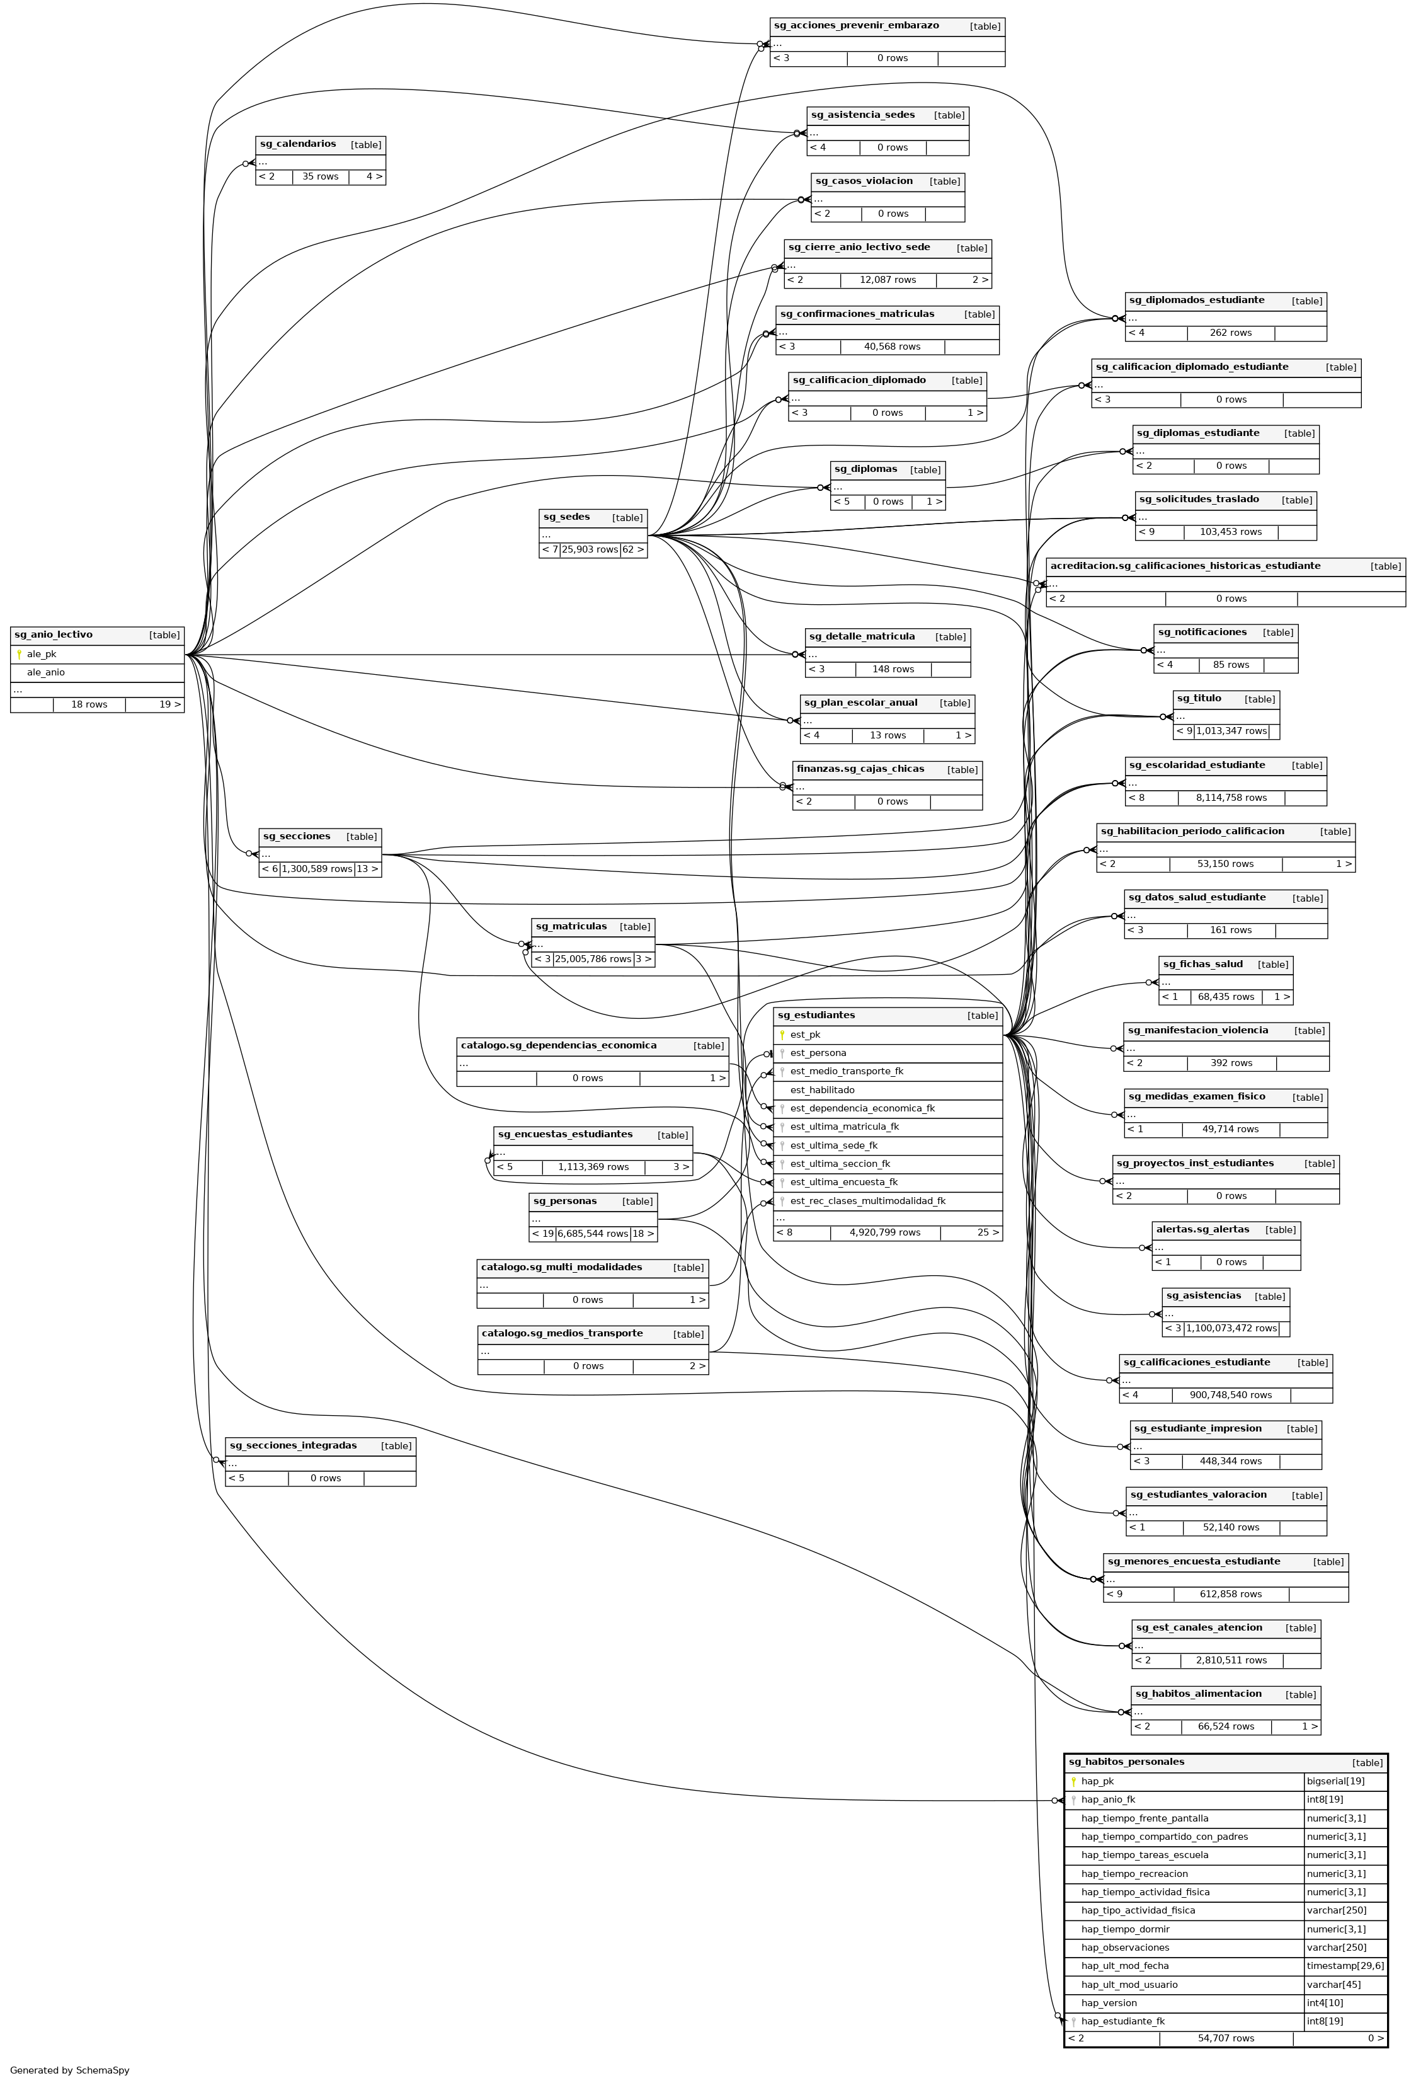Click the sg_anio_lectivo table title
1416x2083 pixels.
(x=54, y=634)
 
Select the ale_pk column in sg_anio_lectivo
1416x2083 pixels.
(x=41, y=654)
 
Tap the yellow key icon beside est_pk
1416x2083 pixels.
(x=782, y=1035)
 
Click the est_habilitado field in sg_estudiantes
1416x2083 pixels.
(x=822, y=1090)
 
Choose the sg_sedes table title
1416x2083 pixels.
(x=566, y=517)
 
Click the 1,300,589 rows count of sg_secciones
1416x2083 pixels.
(x=316, y=868)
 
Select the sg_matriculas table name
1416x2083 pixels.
(x=571, y=927)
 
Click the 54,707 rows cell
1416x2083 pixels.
(x=1225, y=2038)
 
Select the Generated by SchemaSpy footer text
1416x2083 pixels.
(x=70, y=2070)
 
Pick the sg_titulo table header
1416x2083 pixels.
(x=1199, y=698)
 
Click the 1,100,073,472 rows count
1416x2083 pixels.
(x=1230, y=1328)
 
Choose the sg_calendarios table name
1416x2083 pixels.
(x=297, y=144)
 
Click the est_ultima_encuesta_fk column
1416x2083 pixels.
(x=843, y=1182)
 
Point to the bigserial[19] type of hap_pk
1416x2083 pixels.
(x=1335, y=1781)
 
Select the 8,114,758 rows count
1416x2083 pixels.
(x=1230, y=798)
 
